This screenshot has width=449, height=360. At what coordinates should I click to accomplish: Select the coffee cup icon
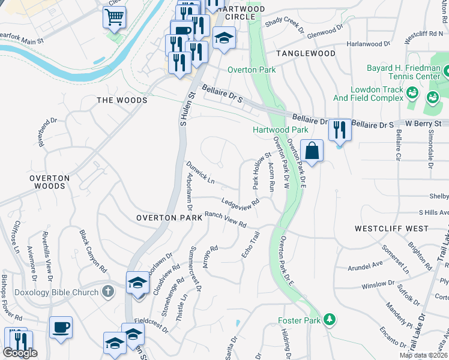(61, 327)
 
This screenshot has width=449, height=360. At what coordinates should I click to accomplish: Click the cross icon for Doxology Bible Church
(107, 291)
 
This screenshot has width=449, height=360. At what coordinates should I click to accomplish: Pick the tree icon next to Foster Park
(328, 319)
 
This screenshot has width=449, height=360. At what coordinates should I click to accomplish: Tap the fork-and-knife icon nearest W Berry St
(340, 129)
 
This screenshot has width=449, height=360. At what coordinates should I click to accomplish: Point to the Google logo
(20, 353)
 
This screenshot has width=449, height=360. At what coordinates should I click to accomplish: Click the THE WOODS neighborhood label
(122, 100)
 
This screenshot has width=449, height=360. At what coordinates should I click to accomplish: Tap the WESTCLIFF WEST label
(391, 229)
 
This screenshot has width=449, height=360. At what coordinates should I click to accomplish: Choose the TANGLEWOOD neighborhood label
(306, 53)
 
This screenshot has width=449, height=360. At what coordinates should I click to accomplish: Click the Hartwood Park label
(280, 130)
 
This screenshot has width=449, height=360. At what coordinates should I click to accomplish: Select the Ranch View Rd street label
(226, 219)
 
